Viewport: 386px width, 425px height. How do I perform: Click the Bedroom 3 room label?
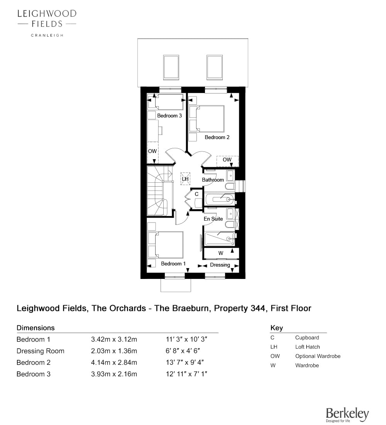tap(169, 116)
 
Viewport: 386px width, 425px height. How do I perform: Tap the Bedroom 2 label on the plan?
tap(217, 138)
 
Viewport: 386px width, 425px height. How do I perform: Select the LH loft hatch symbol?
tap(185, 179)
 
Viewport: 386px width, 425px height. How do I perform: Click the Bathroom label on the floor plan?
tap(213, 180)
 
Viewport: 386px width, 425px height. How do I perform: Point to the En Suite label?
tap(213, 219)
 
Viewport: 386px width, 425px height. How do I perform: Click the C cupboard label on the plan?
tap(196, 194)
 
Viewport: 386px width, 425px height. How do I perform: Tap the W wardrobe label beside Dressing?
tap(221, 253)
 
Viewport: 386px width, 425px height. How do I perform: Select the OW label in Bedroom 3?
tap(152, 151)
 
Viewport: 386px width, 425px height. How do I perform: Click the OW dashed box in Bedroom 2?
tap(227, 161)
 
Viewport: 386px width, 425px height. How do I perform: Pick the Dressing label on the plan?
tap(220, 265)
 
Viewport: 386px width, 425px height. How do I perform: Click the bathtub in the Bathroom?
tap(220, 199)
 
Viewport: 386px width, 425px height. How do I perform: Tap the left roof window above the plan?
tap(171, 68)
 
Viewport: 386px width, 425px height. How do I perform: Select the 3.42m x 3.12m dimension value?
tap(114, 339)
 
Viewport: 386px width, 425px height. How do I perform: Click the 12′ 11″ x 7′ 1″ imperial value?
tap(187, 374)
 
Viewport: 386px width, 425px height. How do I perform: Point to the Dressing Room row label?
tap(41, 351)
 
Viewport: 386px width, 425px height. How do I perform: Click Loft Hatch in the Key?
tap(307, 347)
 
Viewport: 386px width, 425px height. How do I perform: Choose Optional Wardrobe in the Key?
tap(318, 356)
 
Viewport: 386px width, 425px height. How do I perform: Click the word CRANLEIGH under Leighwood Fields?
tap(47, 35)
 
